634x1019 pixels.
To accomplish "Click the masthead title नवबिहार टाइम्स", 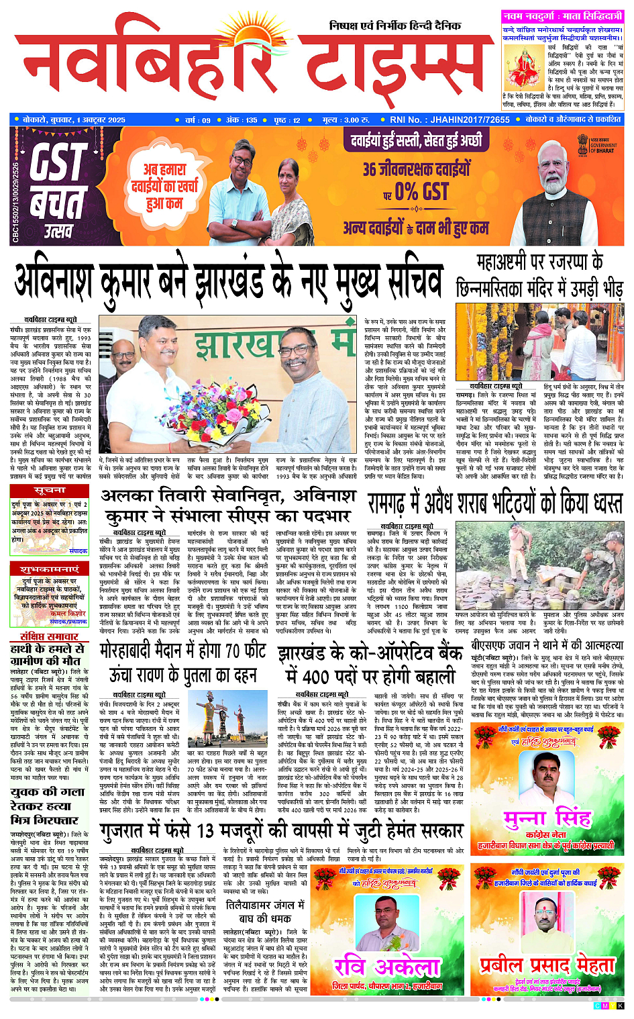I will pyautogui.click(x=248, y=64).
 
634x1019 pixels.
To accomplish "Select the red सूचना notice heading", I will pyautogui.click(x=49, y=491).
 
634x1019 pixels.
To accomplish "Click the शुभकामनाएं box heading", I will pyautogui.click(x=49, y=569).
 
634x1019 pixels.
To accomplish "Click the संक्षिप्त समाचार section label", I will pyautogui.click(x=49, y=636).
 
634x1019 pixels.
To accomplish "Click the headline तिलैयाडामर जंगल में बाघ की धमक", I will pyautogui.click(x=264, y=911).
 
